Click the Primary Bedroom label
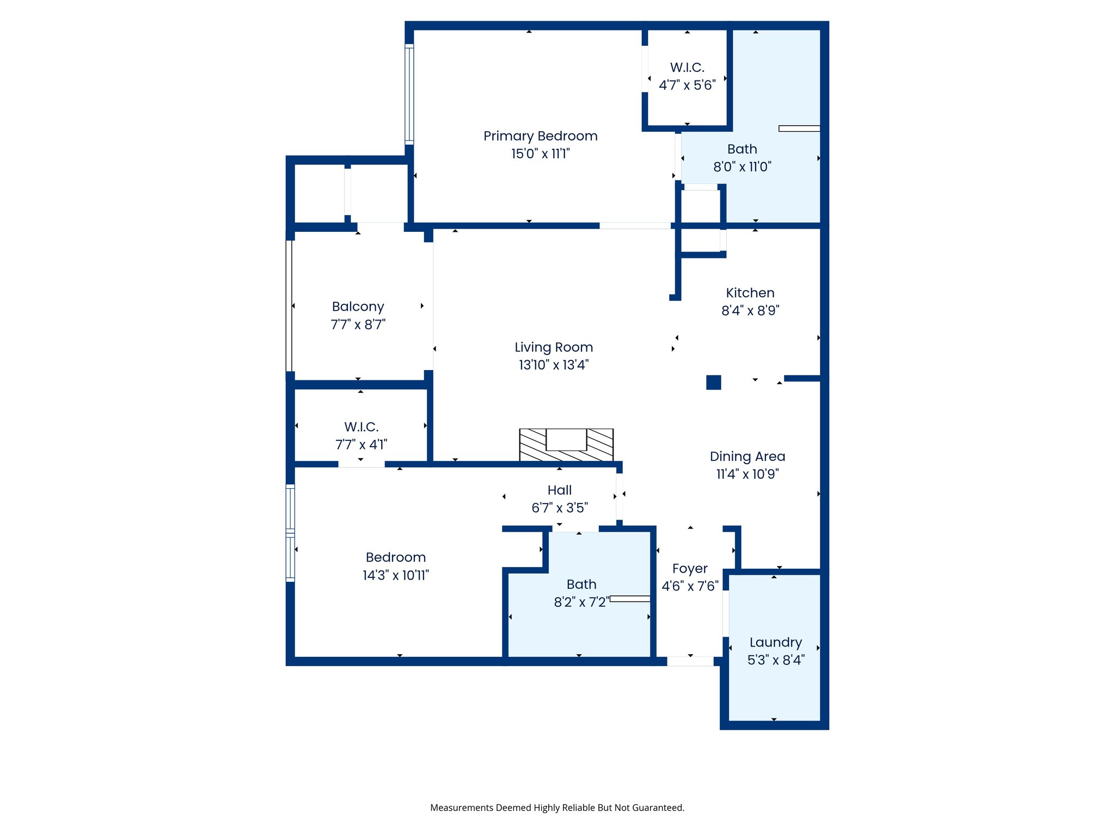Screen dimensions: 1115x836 (x=540, y=136)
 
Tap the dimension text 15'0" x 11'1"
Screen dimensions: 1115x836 (x=540, y=154)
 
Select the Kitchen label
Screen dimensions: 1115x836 (x=750, y=293)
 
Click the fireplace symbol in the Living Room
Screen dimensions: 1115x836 (x=566, y=445)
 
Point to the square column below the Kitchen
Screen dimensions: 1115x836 (x=713, y=383)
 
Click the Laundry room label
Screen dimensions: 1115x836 (x=775, y=642)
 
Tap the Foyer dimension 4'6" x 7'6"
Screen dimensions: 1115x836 (x=690, y=586)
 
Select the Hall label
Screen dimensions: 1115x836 (x=559, y=490)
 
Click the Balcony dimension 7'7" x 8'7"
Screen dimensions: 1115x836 (x=358, y=325)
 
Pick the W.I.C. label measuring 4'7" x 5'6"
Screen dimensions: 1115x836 (x=687, y=67)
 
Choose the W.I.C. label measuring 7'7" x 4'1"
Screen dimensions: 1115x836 (x=361, y=427)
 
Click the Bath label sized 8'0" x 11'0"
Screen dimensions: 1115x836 (x=742, y=149)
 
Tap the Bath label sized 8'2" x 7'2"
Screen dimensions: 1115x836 (x=581, y=585)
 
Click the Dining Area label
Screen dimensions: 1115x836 (x=747, y=457)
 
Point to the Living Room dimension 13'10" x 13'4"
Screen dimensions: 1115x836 (x=553, y=365)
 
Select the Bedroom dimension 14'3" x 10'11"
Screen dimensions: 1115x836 (x=395, y=575)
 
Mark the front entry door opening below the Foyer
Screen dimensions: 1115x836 (x=690, y=661)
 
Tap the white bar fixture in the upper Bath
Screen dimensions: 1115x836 (x=799, y=128)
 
